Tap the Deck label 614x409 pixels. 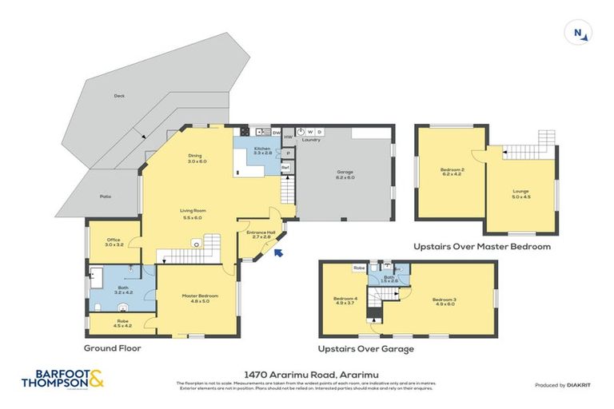coord(119,96)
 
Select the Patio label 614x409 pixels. coord(106,197)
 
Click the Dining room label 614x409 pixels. coord(197,158)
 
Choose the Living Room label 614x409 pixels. coord(192,213)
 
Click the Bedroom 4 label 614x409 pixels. coord(345,301)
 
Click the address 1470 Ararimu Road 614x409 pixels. coord(306,373)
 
